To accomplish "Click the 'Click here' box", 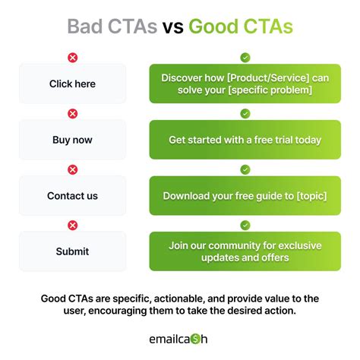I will coord(72,84).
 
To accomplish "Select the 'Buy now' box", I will coord(72,140).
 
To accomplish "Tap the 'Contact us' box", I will coord(72,196).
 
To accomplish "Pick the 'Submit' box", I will coord(72,251).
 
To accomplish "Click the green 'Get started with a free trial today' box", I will coord(245,140).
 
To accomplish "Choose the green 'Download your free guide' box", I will coord(245,196).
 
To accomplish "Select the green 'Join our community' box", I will coord(245,251).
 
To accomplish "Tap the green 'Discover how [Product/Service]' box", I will coord(245,84).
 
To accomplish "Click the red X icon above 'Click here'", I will coord(73,58).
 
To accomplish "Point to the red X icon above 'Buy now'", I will coord(73,113).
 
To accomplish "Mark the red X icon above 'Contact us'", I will coord(73,169).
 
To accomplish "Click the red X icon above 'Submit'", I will coord(73,225).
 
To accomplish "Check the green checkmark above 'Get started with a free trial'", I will coord(245,113).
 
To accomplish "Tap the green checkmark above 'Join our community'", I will coord(245,225).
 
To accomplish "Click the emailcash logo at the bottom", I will coord(180,338).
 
